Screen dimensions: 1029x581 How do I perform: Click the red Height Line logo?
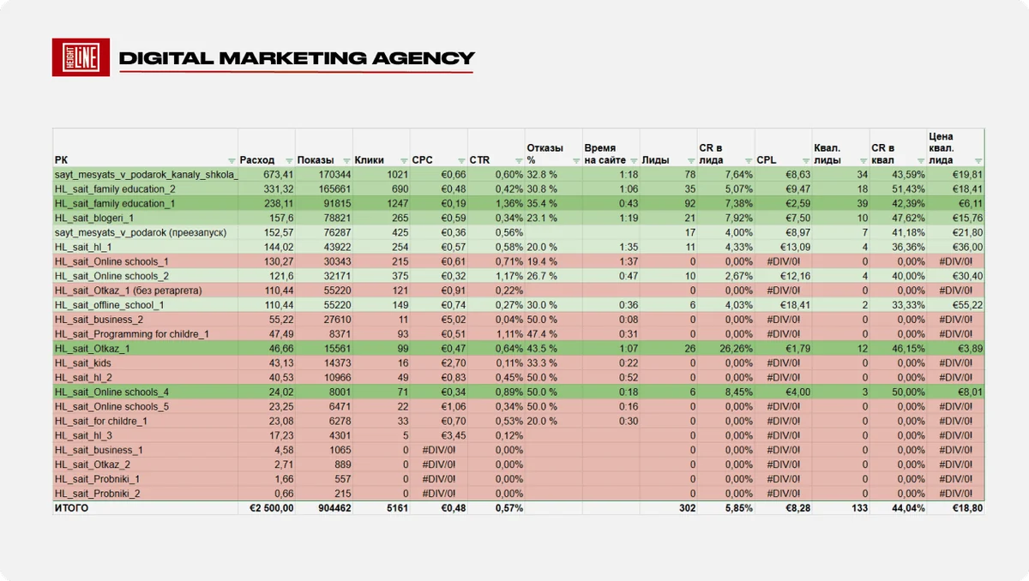81,57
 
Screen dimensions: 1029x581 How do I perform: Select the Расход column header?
256,160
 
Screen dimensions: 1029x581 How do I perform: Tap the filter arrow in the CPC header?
461,160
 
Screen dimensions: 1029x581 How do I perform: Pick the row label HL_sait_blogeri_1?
94,218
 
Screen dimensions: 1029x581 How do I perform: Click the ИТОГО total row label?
71,508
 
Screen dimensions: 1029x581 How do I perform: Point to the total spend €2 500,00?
272,508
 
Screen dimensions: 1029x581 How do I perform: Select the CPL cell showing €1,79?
798,348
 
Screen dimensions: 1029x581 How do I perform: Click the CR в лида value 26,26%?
737,348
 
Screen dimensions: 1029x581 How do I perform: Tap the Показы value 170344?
334,175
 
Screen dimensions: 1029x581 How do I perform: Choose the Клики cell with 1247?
397,203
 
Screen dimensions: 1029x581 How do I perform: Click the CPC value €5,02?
454,320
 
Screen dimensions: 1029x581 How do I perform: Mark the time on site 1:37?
629,261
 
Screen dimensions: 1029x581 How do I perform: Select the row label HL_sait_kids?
82,363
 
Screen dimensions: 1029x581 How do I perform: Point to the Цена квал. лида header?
942,148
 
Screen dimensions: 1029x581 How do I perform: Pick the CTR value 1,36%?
509,203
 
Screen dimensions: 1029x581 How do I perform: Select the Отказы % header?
545,153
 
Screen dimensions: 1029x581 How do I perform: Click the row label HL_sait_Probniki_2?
98,494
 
